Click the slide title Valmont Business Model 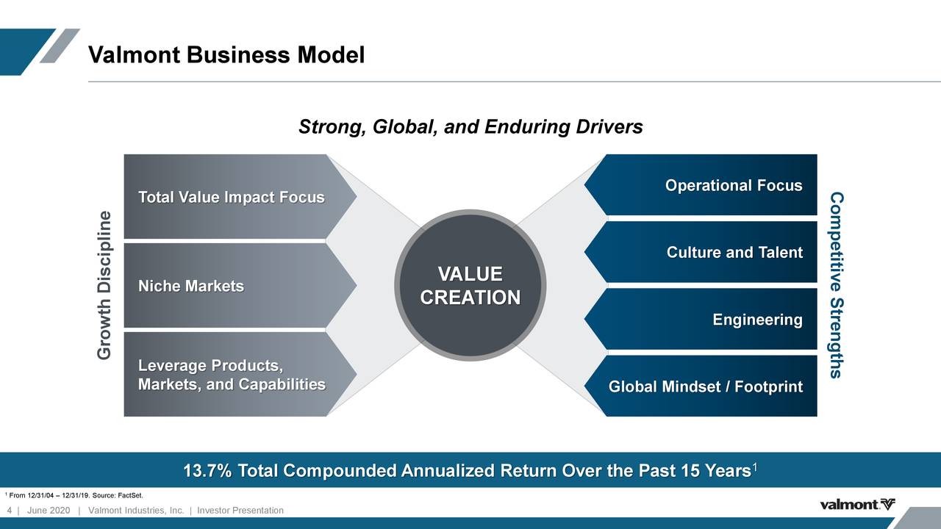pyautogui.click(x=226, y=55)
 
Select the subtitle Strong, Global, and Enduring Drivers pyautogui.click(x=470, y=128)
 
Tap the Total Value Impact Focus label pyautogui.click(x=231, y=198)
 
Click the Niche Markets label pyautogui.click(x=190, y=286)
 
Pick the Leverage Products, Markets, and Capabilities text pyautogui.click(x=231, y=375)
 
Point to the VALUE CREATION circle pyautogui.click(x=470, y=286)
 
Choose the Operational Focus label pyautogui.click(x=733, y=185)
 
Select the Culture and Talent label pyautogui.click(x=734, y=253)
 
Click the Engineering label pyautogui.click(x=757, y=320)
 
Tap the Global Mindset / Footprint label pyautogui.click(x=705, y=387)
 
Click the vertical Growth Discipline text pyautogui.click(x=106, y=286)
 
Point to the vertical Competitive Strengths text pyautogui.click(x=836, y=285)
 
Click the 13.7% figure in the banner pyautogui.click(x=207, y=471)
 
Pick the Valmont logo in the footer pyautogui.click(x=857, y=504)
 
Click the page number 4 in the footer pyautogui.click(x=9, y=511)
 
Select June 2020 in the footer pyautogui.click(x=48, y=511)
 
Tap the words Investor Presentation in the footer pyautogui.click(x=240, y=511)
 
